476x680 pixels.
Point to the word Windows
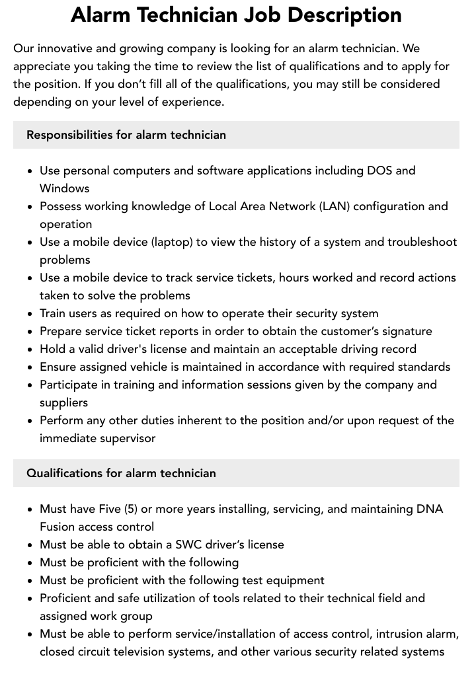pyautogui.click(x=64, y=188)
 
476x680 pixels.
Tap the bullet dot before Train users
pyautogui.click(x=30, y=314)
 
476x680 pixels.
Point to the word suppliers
pyautogui.click(x=63, y=402)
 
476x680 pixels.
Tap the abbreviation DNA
pyautogui.click(x=430, y=509)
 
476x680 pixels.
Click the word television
pyautogui.click(x=160, y=652)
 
